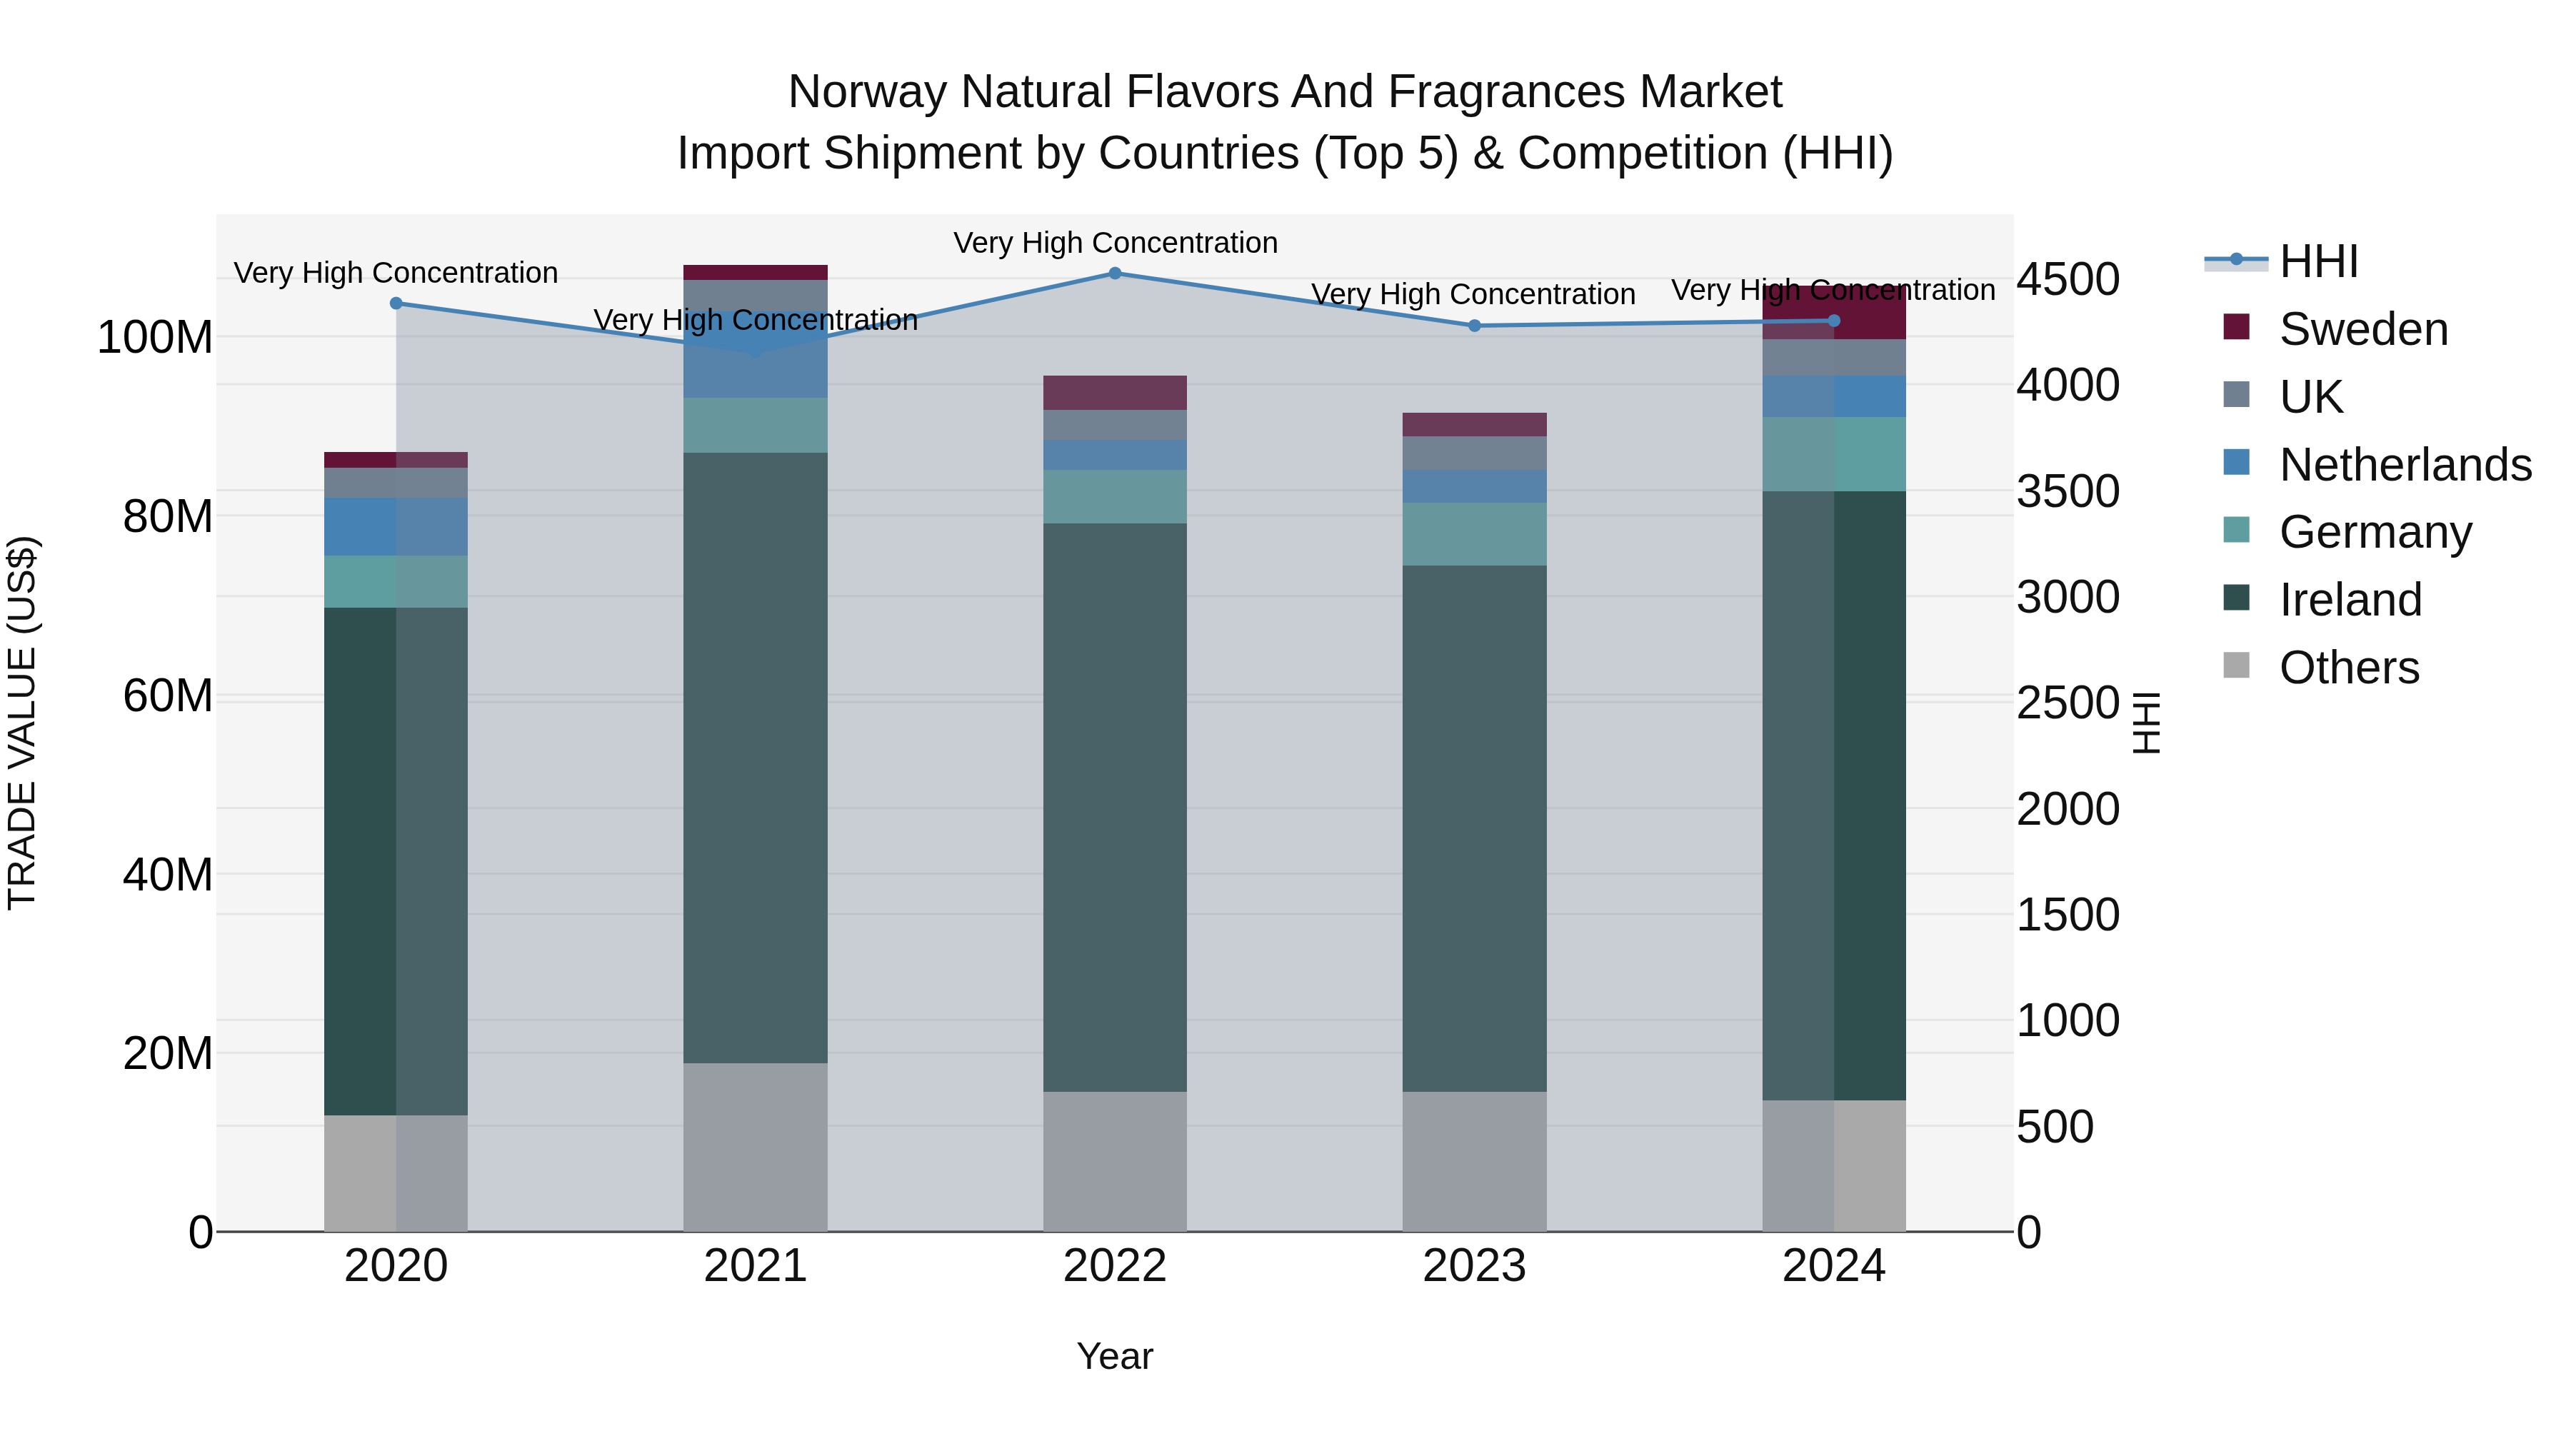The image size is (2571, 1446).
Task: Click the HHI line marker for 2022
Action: coord(1115,273)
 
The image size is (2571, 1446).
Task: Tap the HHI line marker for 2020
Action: coord(396,303)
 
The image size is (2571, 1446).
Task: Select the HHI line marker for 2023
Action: coord(1474,326)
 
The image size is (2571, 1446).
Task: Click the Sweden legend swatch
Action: coord(2237,327)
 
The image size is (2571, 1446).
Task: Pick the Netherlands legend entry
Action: coord(2405,464)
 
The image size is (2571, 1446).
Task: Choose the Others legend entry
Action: coord(2350,667)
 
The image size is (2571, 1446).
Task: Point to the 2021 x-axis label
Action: coord(756,1266)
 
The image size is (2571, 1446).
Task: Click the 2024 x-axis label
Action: coord(1833,1266)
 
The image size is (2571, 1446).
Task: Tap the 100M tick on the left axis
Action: coord(155,337)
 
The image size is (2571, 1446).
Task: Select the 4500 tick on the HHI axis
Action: coord(2068,279)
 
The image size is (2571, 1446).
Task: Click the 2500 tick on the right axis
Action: coord(2068,703)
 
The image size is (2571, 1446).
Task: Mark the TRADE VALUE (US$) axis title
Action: coord(22,723)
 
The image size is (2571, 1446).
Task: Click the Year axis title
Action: coord(1115,1356)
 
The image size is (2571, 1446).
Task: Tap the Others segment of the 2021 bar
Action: coord(756,1147)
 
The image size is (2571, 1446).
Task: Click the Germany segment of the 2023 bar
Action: coord(1474,534)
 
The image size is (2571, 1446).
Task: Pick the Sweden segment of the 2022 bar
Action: coord(1115,392)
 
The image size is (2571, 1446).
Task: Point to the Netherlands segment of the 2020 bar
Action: coord(396,526)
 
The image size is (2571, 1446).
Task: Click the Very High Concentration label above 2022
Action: coord(1115,243)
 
